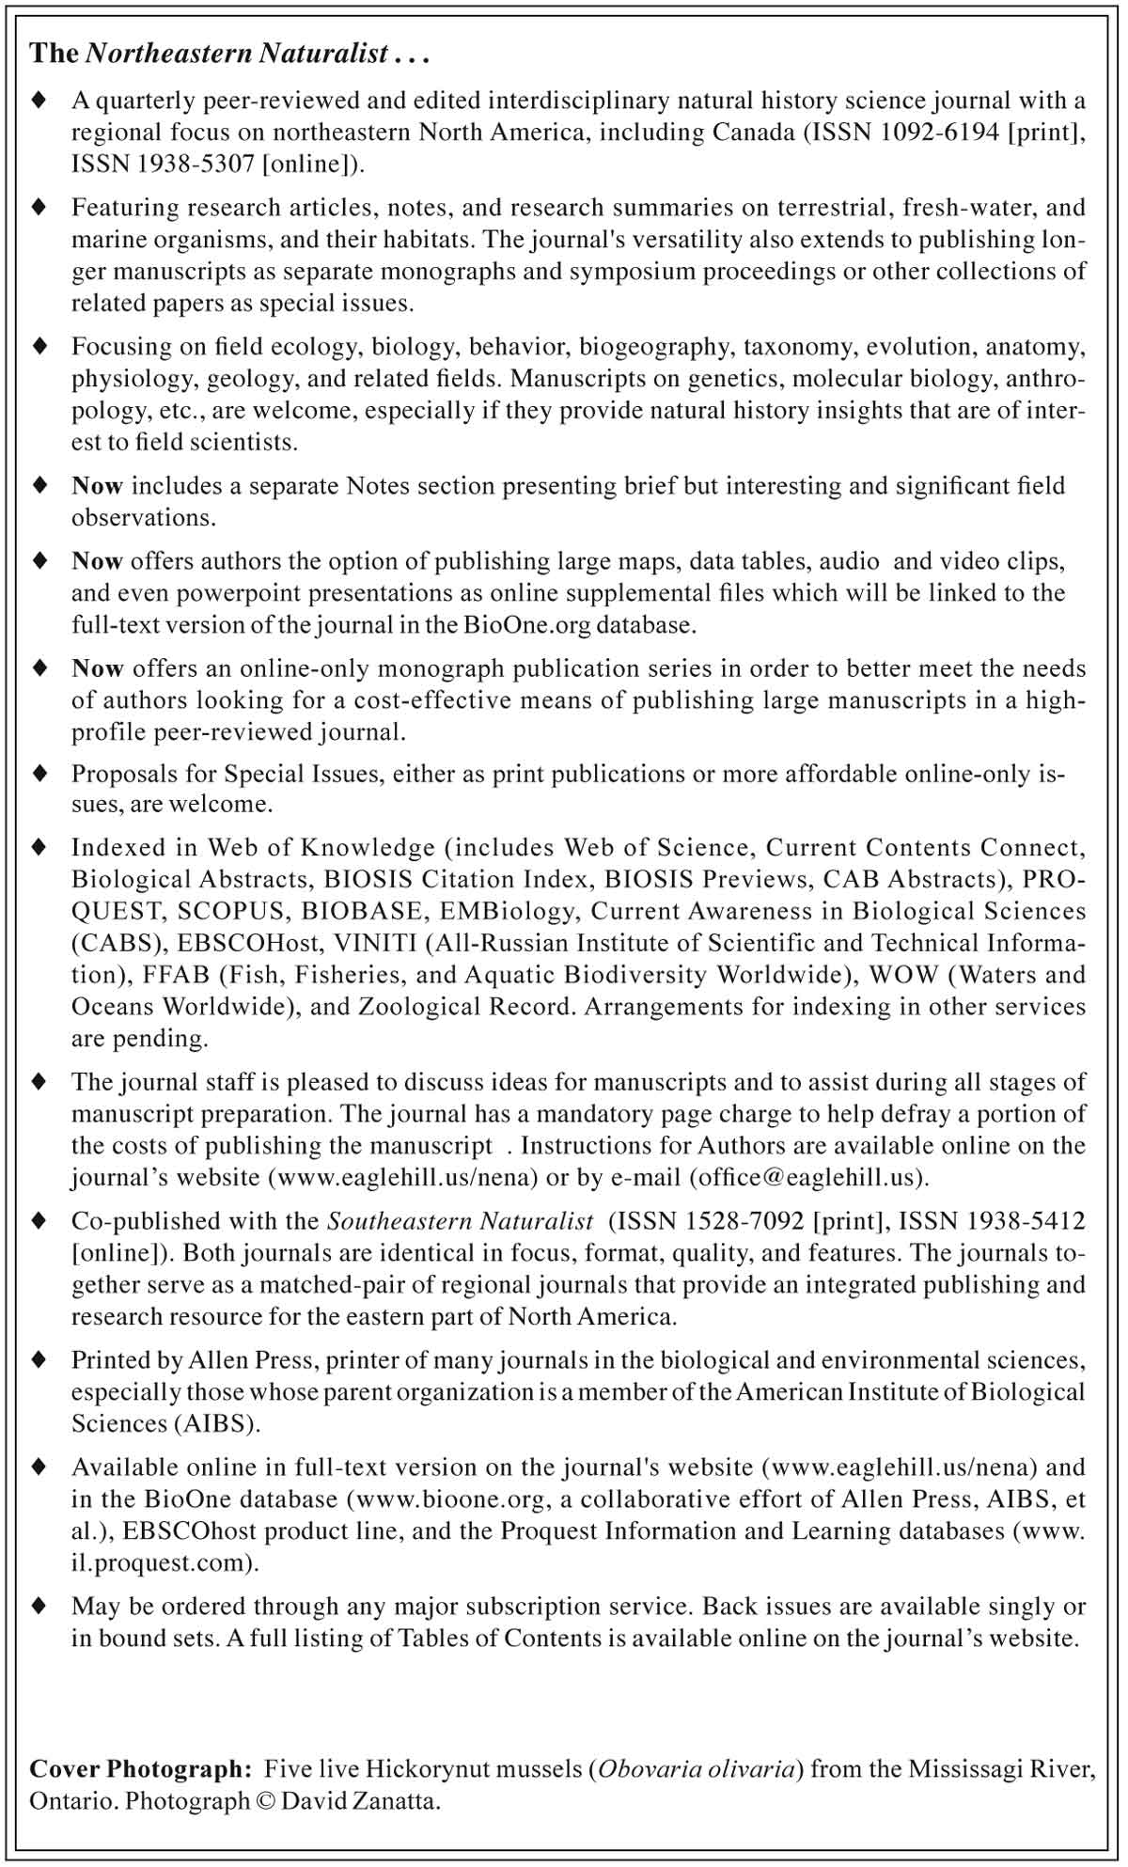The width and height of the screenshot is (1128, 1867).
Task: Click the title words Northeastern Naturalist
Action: tap(237, 54)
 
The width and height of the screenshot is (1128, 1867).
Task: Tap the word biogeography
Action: tap(654, 347)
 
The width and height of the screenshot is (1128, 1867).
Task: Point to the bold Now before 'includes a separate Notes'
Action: tap(97, 486)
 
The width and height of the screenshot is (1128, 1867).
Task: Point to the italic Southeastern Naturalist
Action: tap(460, 1221)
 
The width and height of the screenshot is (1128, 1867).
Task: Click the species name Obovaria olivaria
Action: tap(697, 1769)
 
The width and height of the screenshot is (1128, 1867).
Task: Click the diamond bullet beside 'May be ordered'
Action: tap(39, 1606)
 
